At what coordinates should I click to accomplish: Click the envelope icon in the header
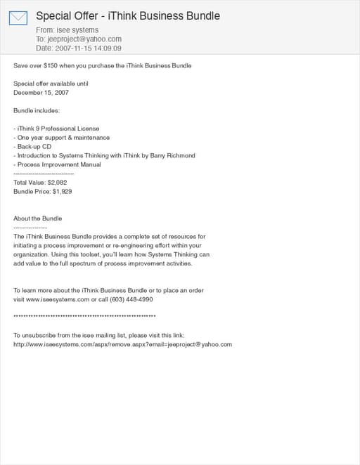(x=18, y=18)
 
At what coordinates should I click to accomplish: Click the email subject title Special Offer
(x=127, y=15)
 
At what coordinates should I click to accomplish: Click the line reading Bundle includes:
(x=37, y=110)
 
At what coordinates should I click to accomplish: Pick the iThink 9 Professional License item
(x=56, y=129)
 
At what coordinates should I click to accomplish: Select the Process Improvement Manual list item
(x=57, y=164)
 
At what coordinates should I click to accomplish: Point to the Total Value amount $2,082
(x=57, y=183)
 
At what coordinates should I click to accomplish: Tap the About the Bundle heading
(x=38, y=218)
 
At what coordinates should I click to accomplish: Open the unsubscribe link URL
(x=122, y=344)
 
